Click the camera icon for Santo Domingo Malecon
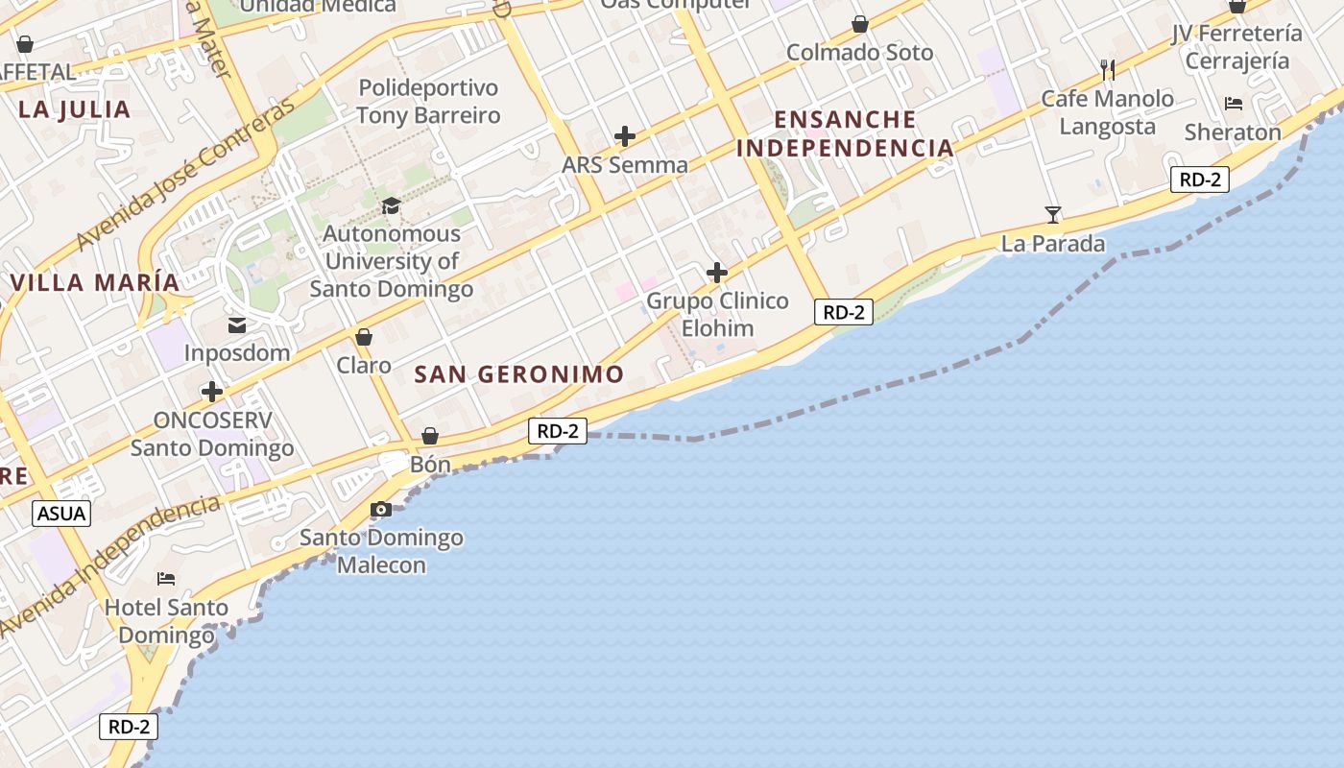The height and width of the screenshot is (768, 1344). (381, 509)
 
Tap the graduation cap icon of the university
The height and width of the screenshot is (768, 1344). (391, 205)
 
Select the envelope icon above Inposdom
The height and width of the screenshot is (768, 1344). (237, 325)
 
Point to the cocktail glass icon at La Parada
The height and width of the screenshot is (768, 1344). (1053, 215)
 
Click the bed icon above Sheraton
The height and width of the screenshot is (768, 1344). (1234, 104)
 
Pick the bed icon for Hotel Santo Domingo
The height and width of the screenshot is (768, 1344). (166, 578)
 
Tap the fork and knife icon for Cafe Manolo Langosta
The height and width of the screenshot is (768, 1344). (1108, 69)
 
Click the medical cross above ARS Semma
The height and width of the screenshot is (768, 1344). (625, 136)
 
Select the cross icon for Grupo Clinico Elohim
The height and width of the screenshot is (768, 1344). (717, 273)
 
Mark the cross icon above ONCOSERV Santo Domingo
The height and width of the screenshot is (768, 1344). (212, 392)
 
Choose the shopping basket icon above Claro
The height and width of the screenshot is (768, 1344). (364, 337)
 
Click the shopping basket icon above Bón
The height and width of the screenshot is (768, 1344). (430, 436)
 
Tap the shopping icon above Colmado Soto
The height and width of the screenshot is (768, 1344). (860, 24)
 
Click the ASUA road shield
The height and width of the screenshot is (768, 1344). (61, 514)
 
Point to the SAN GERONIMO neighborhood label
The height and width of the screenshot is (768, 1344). (519, 374)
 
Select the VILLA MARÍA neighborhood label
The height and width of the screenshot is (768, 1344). (95, 283)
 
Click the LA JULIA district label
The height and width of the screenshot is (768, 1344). (75, 109)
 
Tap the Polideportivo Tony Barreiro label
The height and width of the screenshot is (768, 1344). (428, 102)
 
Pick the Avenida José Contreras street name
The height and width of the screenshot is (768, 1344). (185, 176)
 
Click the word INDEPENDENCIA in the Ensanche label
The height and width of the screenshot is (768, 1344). (845, 148)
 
